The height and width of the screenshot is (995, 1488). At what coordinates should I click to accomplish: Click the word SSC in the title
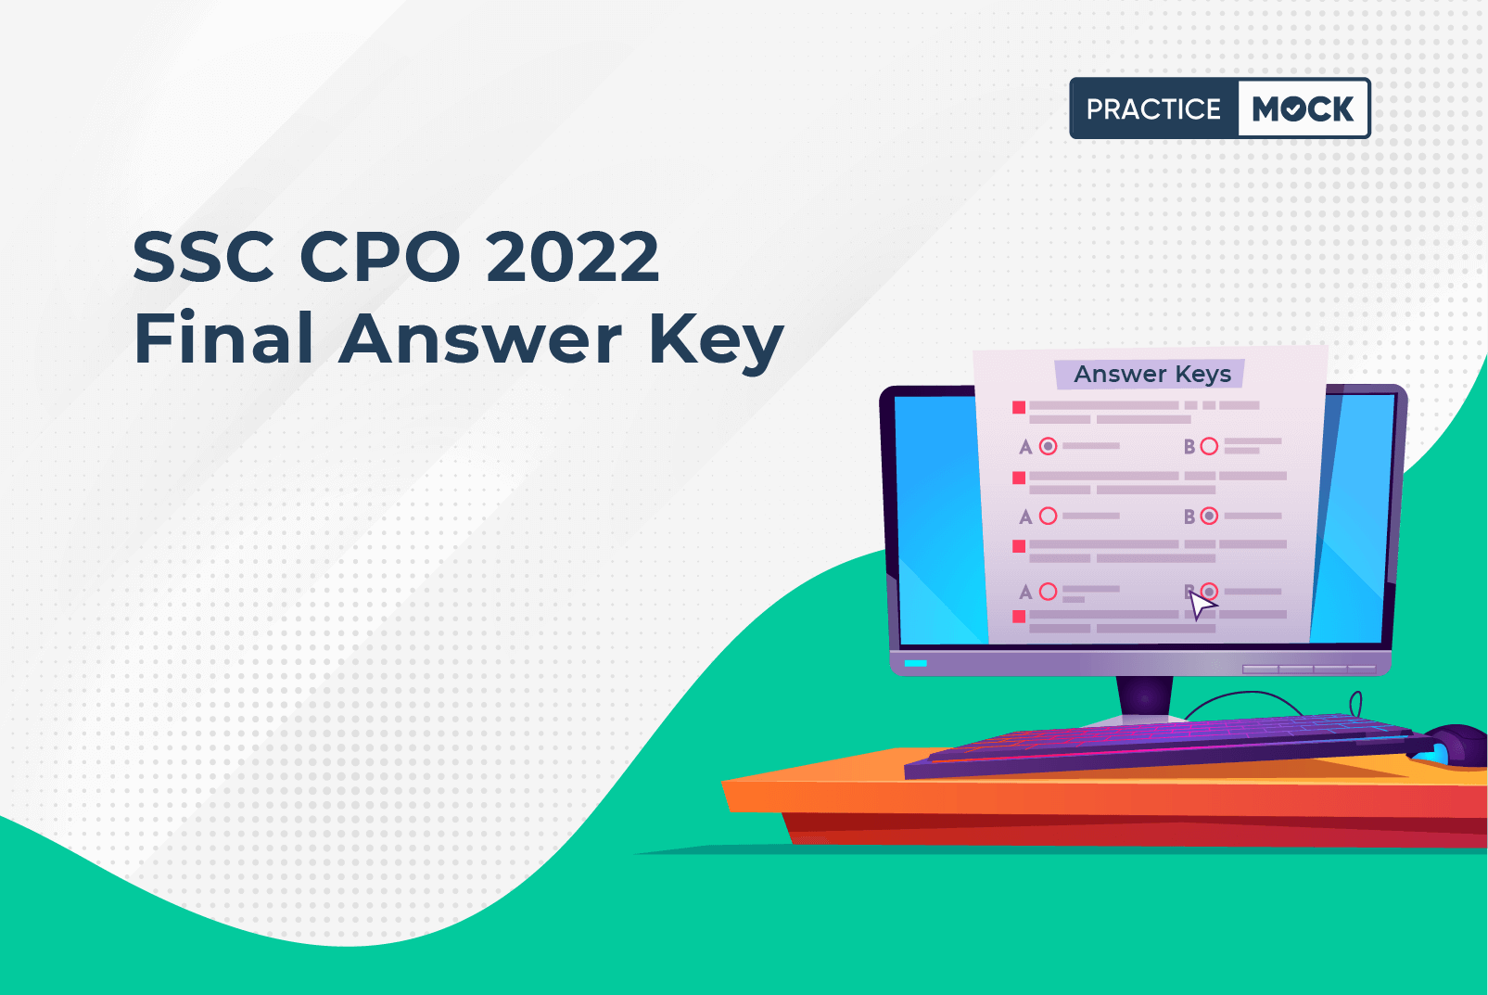tap(203, 256)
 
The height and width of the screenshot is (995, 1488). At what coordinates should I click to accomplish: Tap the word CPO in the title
tap(379, 256)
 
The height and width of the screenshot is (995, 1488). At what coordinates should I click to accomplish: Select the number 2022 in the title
tap(573, 256)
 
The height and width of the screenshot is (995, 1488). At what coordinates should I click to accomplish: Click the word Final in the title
tap(223, 338)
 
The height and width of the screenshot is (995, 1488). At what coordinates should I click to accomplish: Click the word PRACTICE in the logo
tap(1153, 108)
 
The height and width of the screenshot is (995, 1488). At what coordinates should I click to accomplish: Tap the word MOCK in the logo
tap(1303, 108)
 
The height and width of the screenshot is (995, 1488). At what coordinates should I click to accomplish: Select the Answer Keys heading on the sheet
tap(1152, 374)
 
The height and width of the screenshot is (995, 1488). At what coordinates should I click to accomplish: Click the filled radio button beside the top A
tap(1048, 446)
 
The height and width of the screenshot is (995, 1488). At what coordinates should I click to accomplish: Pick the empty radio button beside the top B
tap(1209, 446)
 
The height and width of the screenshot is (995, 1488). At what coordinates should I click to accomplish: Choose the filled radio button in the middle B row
tap(1209, 517)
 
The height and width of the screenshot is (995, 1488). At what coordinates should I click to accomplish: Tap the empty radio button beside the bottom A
tap(1048, 591)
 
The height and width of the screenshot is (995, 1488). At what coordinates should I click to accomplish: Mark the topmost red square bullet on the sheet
tap(1018, 407)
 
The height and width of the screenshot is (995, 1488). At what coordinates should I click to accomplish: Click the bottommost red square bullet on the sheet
tap(1018, 617)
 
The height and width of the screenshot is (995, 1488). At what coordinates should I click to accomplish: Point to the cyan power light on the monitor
tap(915, 664)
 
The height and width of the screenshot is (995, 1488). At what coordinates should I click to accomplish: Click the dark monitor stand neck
tap(1145, 696)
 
